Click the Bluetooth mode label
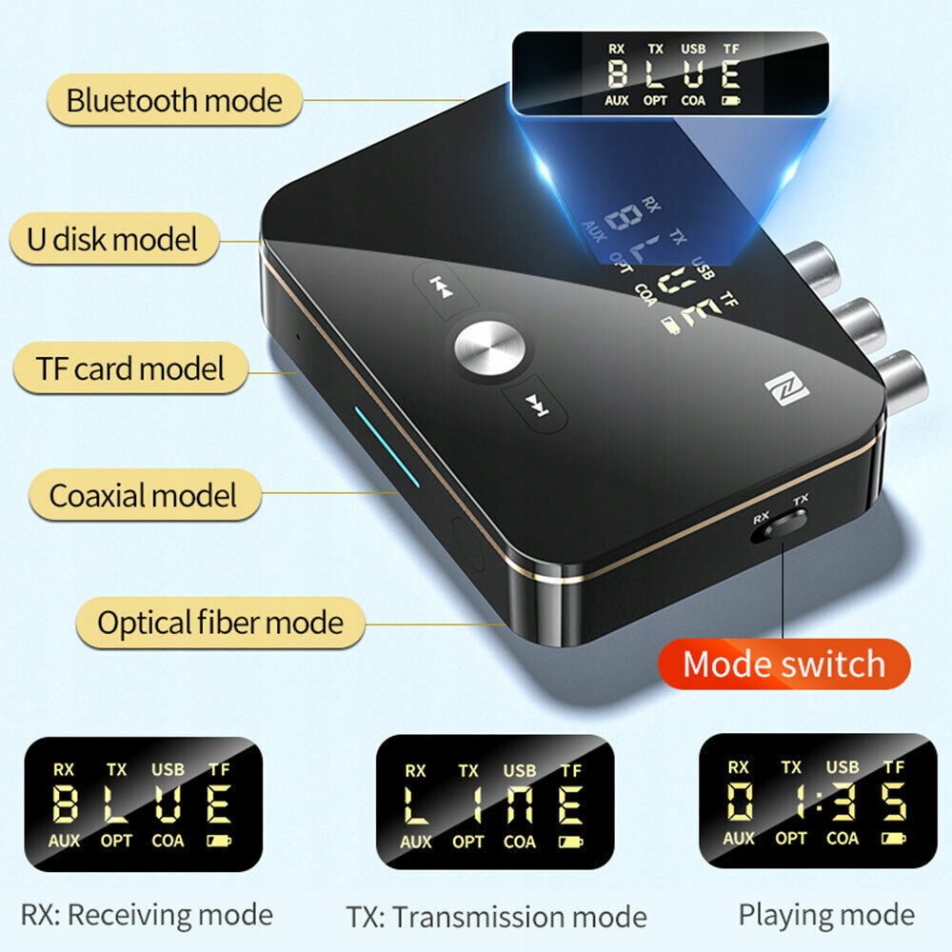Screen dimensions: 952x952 pos(173,100)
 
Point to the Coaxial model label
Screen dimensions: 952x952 pos(143,495)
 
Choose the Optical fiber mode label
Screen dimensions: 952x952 pos(219,624)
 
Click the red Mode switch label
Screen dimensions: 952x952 pos(783,664)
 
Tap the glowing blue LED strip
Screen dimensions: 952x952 pos(386,447)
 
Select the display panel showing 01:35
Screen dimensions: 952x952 pos(816,799)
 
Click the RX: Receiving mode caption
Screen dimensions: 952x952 pos(149,916)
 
